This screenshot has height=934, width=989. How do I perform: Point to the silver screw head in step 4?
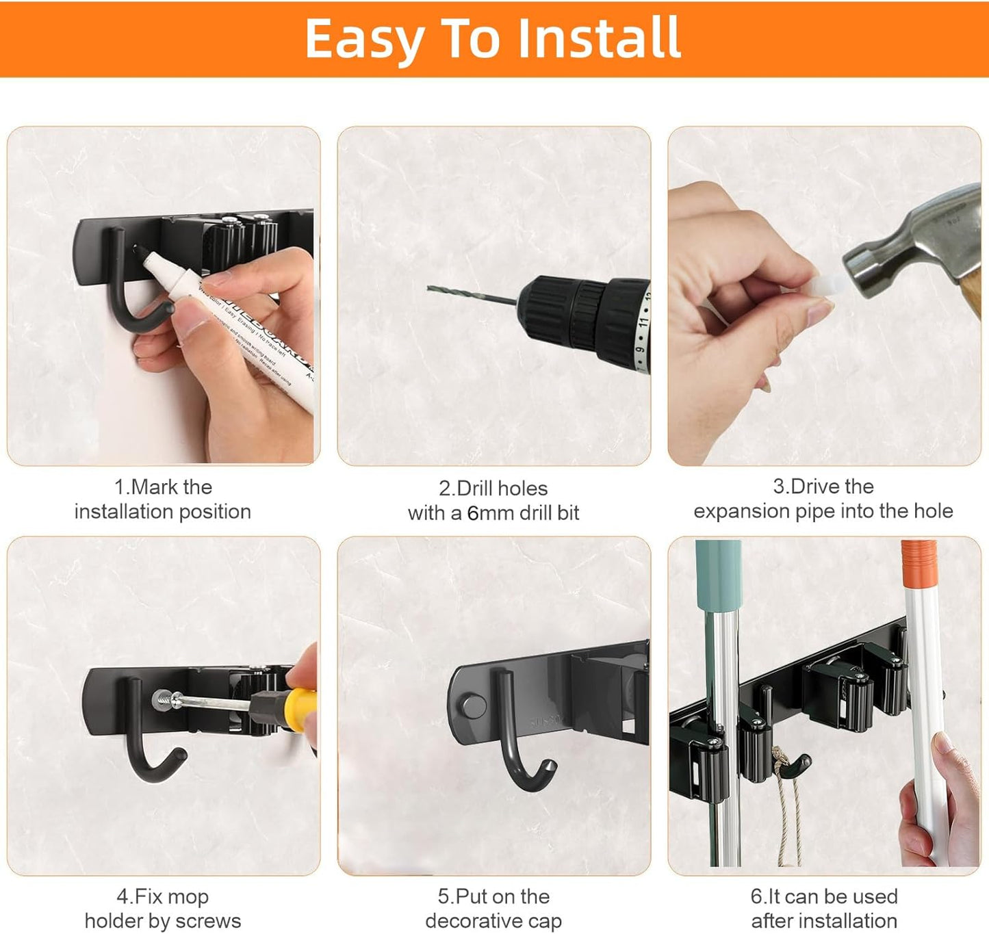coord(162,699)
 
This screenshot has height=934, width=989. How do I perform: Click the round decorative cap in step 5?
coord(472,705)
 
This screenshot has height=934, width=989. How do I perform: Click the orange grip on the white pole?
coord(919,565)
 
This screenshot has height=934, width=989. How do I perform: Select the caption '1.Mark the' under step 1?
coord(163,487)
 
